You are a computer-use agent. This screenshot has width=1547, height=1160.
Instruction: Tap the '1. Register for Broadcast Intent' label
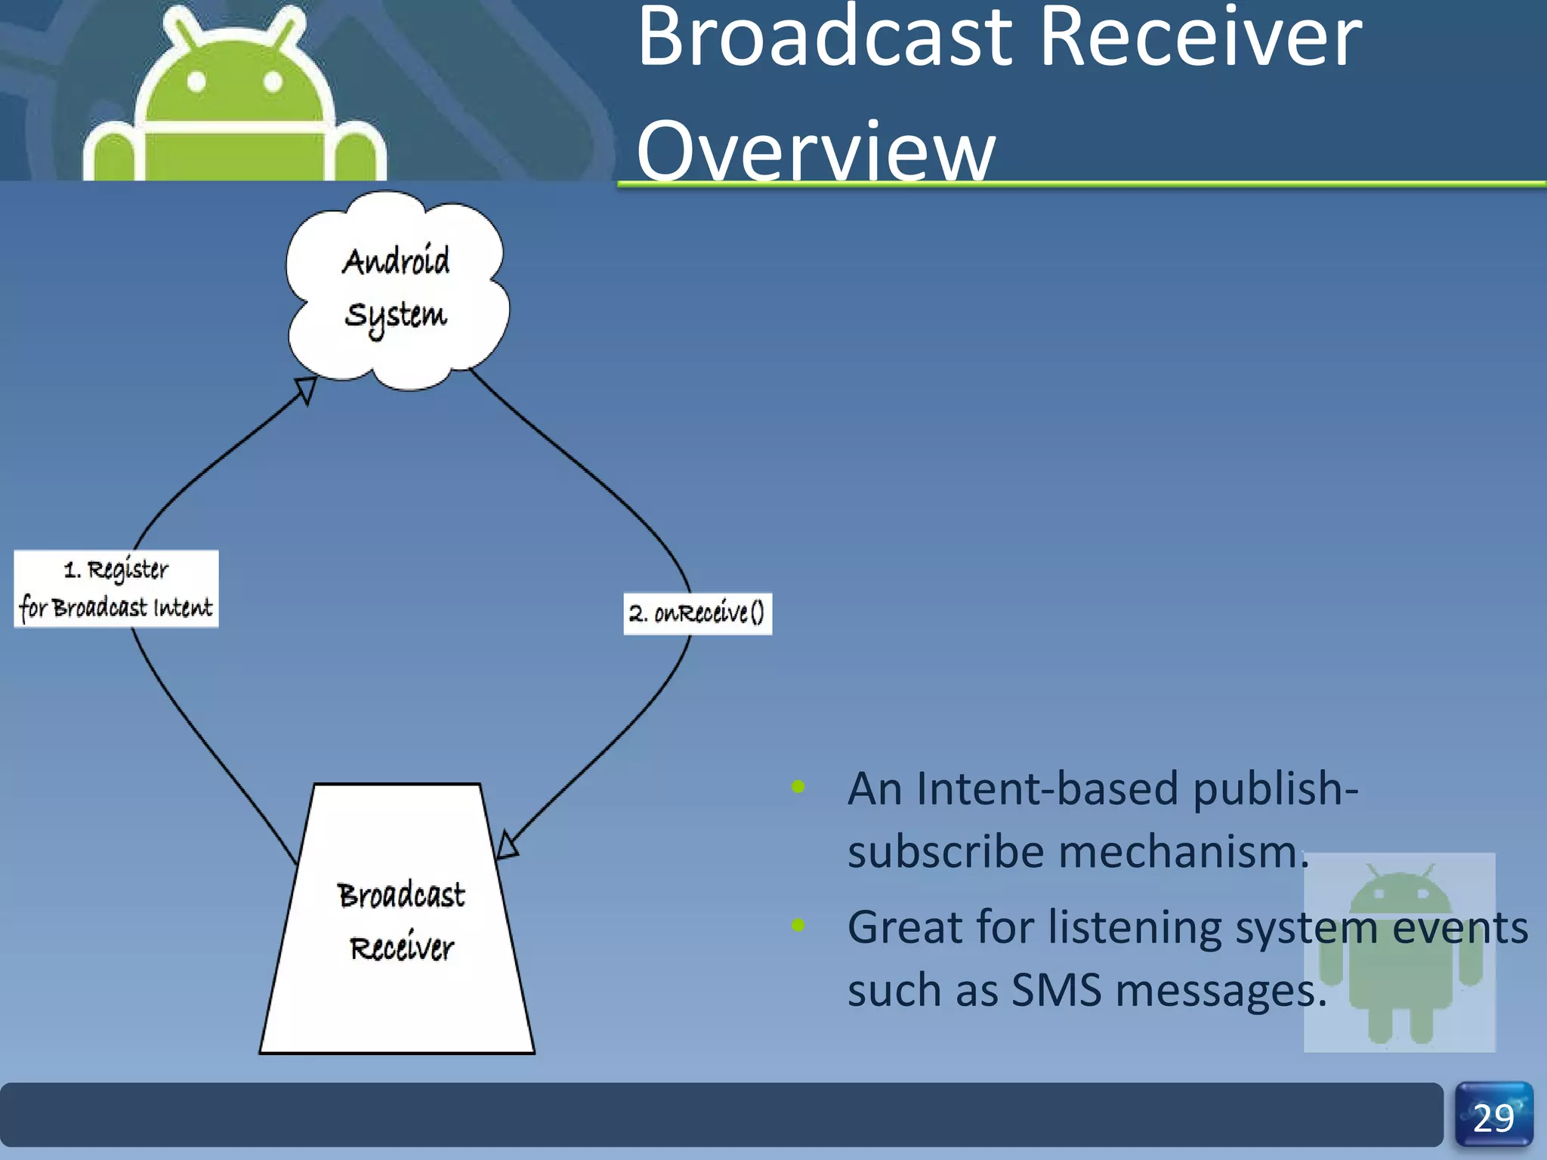(x=116, y=588)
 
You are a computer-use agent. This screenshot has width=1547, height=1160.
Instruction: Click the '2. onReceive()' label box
(x=697, y=613)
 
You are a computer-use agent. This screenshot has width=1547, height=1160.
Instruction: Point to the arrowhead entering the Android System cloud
(x=305, y=390)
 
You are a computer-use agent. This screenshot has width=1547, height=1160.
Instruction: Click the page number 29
(x=1493, y=1118)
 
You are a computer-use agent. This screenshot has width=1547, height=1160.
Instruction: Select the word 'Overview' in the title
(x=816, y=151)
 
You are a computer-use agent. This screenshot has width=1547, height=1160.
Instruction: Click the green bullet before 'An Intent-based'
(x=798, y=787)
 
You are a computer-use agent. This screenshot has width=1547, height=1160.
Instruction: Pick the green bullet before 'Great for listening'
(x=798, y=925)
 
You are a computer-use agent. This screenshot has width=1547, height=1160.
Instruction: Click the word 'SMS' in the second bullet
(x=1056, y=989)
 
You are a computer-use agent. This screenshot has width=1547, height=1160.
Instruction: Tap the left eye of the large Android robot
(x=196, y=82)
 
